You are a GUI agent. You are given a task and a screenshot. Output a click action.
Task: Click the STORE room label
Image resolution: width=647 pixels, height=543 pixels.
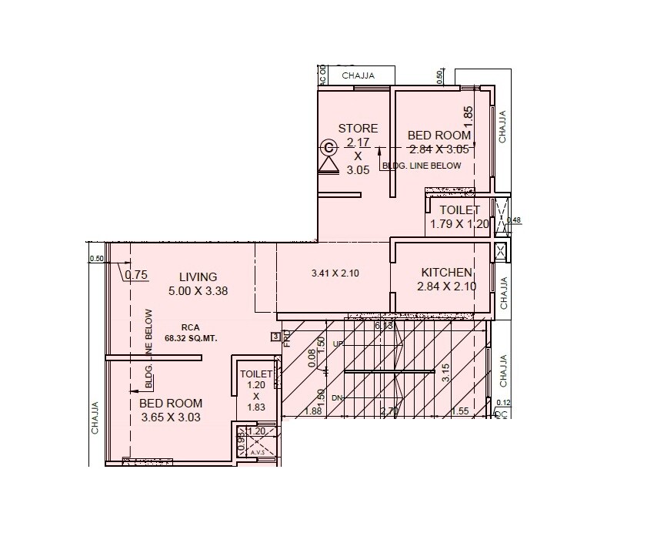(x=358, y=129)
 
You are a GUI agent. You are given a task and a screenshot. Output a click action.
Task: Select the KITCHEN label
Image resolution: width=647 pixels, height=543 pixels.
(x=446, y=273)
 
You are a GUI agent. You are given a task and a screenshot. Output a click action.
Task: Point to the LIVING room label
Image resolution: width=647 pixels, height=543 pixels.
(x=198, y=277)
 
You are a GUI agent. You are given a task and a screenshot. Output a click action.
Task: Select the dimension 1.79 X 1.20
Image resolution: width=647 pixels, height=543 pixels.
(x=459, y=224)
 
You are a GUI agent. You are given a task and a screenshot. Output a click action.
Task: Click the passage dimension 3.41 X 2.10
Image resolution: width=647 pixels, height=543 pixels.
(x=335, y=273)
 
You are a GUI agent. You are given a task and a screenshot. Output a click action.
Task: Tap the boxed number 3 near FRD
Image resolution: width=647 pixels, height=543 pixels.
(x=275, y=336)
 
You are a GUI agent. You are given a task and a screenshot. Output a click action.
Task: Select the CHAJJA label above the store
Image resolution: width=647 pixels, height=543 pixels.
(x=358, y=75)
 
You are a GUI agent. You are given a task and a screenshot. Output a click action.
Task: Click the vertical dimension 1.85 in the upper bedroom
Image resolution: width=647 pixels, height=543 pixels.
(x=469, y=116)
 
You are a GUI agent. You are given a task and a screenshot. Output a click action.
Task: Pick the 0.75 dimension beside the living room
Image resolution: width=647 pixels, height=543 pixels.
(x=136, y=274)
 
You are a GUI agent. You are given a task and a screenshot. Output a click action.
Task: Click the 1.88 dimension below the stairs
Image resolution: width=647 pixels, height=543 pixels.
(x=312, y=411)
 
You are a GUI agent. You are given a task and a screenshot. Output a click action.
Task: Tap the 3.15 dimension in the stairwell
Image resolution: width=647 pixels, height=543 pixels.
(x=445, y=374)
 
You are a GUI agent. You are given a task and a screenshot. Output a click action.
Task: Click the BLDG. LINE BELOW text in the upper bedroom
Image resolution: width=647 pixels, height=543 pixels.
(x=422, y=166)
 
